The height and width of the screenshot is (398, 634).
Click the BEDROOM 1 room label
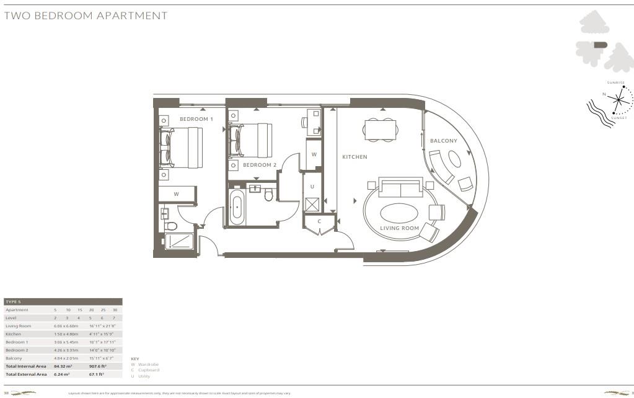pyautogui.click(x=196, y=119)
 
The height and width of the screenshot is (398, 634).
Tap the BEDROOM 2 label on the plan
pyautogui.click(x=259, y=165)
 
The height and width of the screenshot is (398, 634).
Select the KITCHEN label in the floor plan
pyautogui.click(x=354, y=157)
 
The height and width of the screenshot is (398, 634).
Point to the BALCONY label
pyautogui.click(x=443, y=141)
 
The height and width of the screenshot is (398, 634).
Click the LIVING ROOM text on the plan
pyautogui.click(x=399, y=228)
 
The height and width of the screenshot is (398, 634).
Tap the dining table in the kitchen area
pyautogui.click(x=379, y=130)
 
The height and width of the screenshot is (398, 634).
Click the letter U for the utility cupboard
pyautogui.click(x=312, y=187)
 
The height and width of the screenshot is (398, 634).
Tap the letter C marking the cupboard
pyautogui.click(x=319, y=221)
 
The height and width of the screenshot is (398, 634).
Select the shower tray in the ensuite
pyautogui.click(x=179, y=241)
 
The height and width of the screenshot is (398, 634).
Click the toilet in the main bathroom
pyautogui.click(x=269, y=196)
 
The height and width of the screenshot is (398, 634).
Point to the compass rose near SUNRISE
pyautogui.click(x=619, y=99)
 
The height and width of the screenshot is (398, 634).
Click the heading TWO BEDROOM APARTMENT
pyautogui.click(x=86, y=15)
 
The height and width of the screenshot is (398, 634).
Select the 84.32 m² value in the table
pyautogui.click(x=62, y=366)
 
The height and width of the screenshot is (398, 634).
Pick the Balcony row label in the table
pyautogui.click(x=14, y=358)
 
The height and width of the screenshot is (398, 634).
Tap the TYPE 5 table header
pyautogui.click(x=13, y=301)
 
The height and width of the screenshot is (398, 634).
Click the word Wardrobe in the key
pyautogui.click(x=149, y=365)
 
